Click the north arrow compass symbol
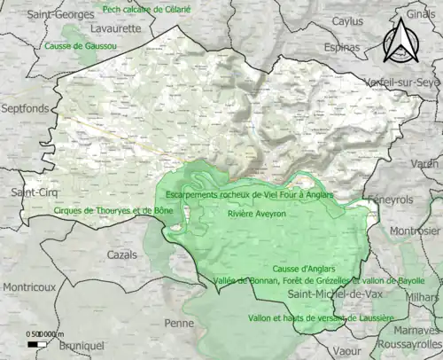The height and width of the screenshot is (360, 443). tap(401, 41)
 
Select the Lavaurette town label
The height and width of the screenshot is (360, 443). tap(115, 28)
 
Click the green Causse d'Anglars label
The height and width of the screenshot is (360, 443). tap(304, 269)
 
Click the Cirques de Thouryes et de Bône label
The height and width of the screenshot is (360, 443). tap(101, 211)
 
